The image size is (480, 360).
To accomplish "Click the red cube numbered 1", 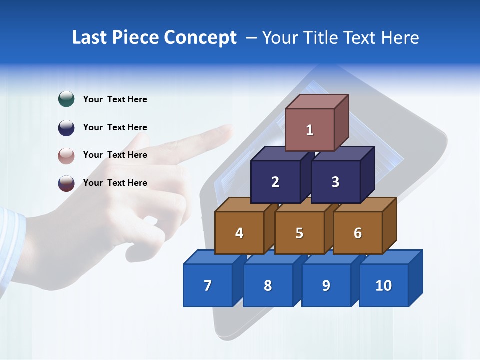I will (x=310, y=130).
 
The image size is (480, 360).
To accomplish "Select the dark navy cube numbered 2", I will (x=275, y=182).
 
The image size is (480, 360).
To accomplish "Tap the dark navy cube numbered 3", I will (x=335, y=182).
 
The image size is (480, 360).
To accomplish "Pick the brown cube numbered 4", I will (x=239, y=233).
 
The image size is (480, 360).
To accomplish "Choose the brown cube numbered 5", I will (x=299, y=233).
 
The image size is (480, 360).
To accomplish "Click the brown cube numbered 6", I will (x=358, y=233).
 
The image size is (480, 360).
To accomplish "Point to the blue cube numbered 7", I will (x=208, y=285).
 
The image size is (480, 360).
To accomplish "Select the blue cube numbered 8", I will (x=268, y=285).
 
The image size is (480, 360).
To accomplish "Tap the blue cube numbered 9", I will (x=326, y=285).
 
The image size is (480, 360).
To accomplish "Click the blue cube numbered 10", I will (x=384, y=285).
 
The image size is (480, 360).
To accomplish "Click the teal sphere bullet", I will (x=66, y=99).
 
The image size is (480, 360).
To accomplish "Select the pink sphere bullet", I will (x=66, y=155).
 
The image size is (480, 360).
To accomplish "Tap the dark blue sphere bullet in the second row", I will (x=66, y=127).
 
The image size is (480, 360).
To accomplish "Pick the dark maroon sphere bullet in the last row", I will (x=66, y=183).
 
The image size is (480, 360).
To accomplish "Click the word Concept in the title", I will (x=200, y=38).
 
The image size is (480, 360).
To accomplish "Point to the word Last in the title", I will (x=90, y=38).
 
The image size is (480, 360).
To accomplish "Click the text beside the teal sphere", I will (x=115, y=99).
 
